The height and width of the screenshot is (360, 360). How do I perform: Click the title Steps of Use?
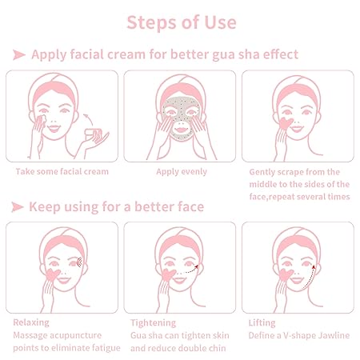(180, 22)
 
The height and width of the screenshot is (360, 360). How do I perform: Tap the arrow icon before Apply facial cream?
(18, 54)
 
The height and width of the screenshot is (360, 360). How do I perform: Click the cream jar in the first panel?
(98, 137)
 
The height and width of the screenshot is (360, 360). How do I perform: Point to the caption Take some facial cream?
(62, 171)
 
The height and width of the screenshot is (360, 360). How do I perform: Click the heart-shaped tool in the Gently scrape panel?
(282, 126)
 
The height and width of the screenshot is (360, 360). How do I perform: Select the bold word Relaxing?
(32, 322)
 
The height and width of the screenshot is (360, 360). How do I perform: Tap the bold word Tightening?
(154, 322)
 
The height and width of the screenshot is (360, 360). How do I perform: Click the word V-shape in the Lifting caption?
(302, 335)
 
